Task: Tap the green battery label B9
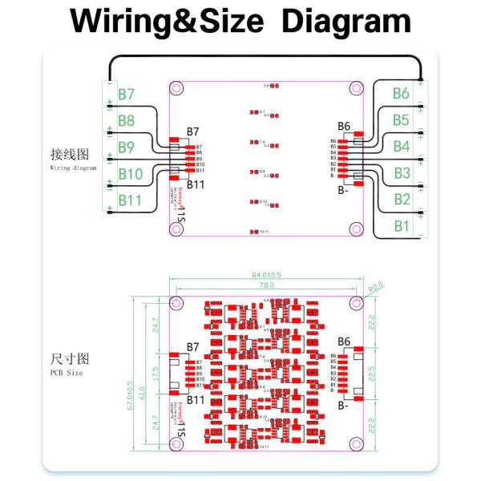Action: point(127,148)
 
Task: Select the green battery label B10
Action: point(130,174)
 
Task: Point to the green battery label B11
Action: point(129,200)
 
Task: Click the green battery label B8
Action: point(127,121)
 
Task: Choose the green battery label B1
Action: point(402,226)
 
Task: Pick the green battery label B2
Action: point(402,200)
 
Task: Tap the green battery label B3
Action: point(402,173)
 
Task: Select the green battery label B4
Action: point(402,147)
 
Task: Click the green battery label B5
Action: point(402,120)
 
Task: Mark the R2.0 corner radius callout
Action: point(376,286)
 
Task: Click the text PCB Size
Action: point(67,372)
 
